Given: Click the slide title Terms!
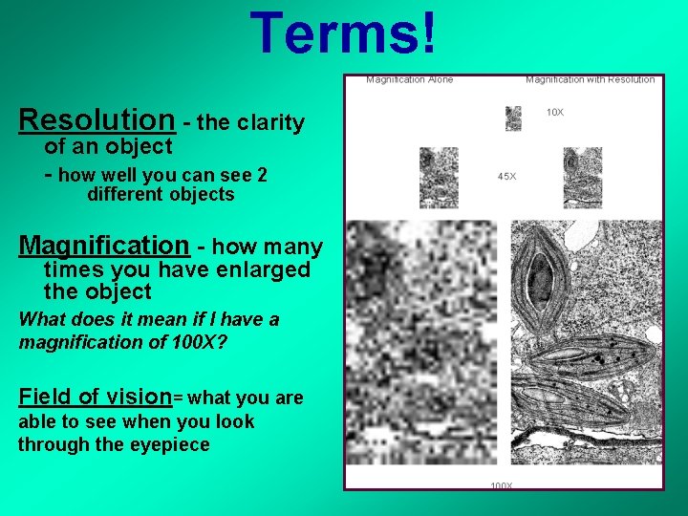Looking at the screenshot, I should (346, 33).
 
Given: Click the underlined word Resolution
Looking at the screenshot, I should (97, 120).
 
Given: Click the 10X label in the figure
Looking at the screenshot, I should (554, 113).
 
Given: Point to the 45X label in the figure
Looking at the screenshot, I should (506, 176).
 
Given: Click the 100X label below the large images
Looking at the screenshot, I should (502, 485).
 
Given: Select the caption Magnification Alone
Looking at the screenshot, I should (409, 79).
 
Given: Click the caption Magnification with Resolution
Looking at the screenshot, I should (590, 79).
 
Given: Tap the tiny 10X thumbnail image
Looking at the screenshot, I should (513, 118).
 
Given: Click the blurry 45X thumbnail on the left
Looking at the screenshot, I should (439, 178).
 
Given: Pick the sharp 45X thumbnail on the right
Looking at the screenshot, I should (582, 178).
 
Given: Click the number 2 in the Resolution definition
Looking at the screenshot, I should (261, 175).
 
